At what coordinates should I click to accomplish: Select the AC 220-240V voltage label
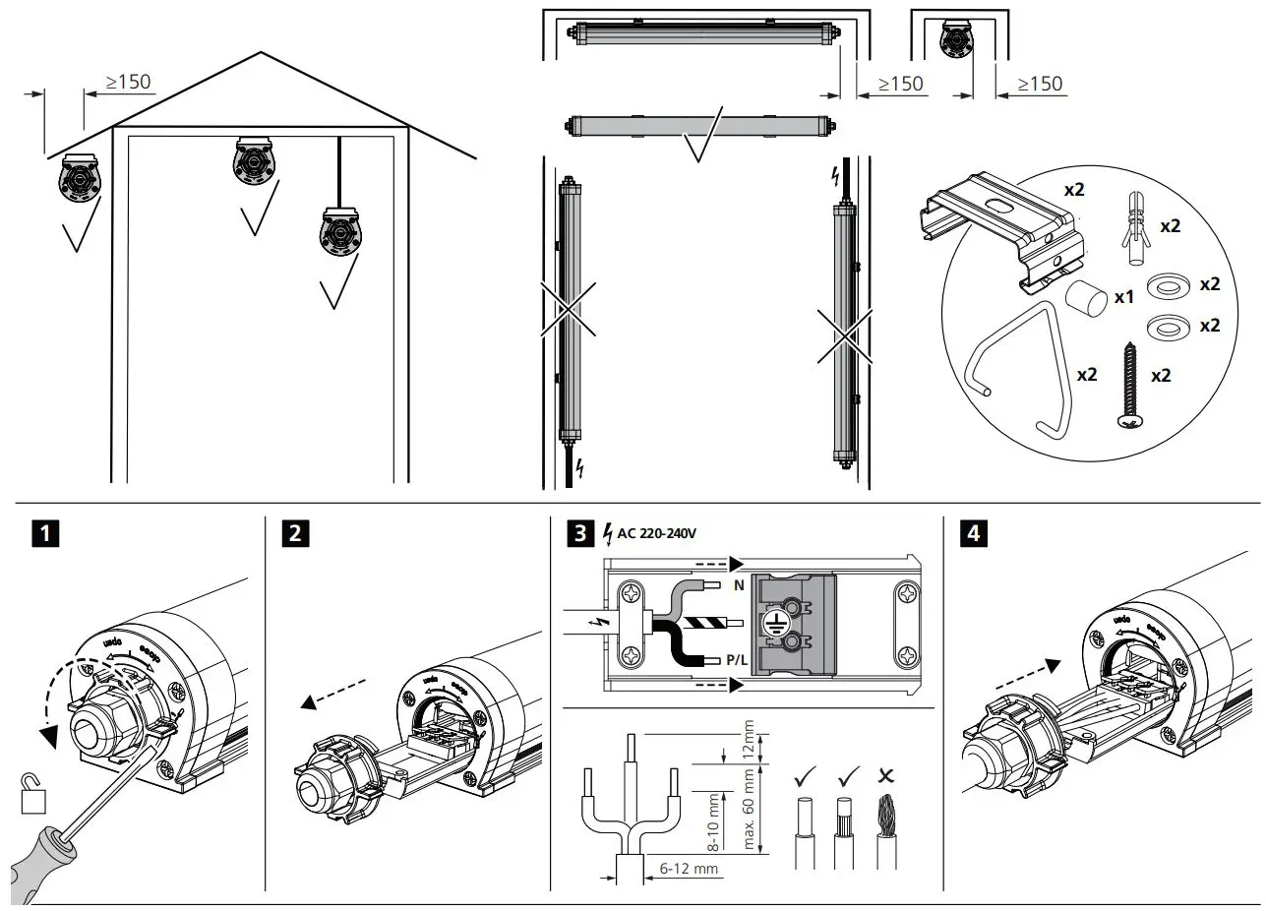(656, 535)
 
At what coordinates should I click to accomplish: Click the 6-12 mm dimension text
(688, 870)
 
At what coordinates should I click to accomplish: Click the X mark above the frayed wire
(886, 775)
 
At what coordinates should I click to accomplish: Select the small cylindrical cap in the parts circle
(1084, 296)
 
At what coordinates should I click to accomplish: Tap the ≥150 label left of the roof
(128, 81)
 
